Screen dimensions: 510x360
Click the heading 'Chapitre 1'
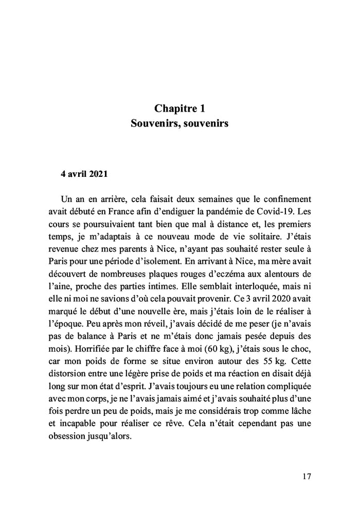pyautogui.click(x=179, y=108)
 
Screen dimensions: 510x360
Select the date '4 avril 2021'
pyautogui.click(x=84, y=174)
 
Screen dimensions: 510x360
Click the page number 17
pyautogui.click(x=307, y=476)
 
